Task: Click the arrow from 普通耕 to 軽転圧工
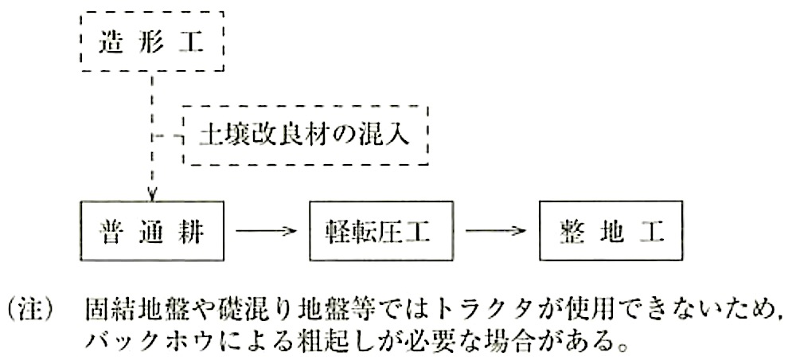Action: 266,231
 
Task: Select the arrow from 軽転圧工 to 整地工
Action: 496,231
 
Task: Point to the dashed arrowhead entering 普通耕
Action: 152,195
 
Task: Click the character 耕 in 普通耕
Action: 193,232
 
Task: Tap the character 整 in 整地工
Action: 569,232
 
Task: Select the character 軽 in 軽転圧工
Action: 338,232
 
